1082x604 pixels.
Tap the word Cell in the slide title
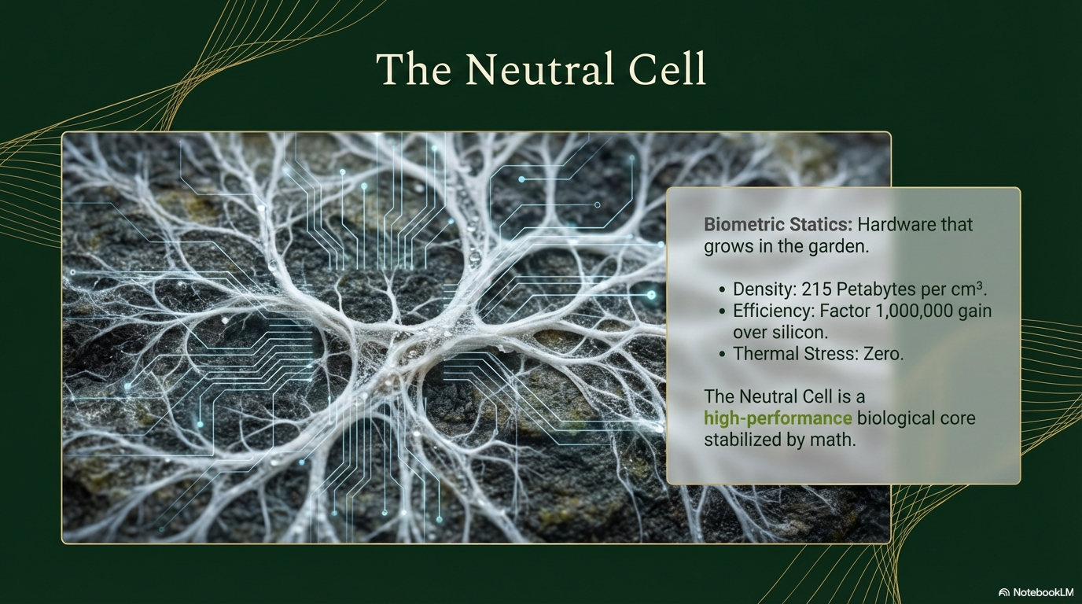pos(667,69)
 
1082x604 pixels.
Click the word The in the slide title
pos(414,69)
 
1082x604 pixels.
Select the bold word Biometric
pos(744,225)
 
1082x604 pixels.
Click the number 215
pos(816,289)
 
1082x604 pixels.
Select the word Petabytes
pos(876,289)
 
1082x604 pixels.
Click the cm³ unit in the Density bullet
pos(968,289)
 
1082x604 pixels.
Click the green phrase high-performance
pos(778,418)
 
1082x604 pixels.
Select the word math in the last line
pos(834,440)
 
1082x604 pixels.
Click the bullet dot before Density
pos(722,290)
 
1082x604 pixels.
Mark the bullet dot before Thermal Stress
pos(722,355)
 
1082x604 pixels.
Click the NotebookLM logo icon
pos(1003,592)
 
